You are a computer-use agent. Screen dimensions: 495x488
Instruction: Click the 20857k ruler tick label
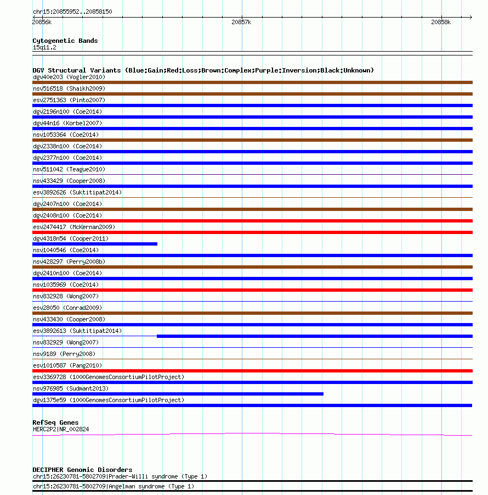241,23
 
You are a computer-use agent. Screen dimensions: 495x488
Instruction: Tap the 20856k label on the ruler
42,23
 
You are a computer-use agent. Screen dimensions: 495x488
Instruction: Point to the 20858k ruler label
440,23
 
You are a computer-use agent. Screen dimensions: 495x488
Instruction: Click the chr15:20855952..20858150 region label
72,12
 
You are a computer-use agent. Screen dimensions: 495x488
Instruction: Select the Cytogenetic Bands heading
65,41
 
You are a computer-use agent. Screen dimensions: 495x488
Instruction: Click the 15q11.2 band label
44,47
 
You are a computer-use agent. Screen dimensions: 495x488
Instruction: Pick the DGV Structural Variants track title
203,70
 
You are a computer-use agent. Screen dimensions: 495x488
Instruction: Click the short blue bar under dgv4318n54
95,244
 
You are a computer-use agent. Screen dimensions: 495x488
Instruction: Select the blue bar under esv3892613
314,336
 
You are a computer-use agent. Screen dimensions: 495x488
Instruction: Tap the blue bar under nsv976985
178,394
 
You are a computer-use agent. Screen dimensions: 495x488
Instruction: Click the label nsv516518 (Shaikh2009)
69,88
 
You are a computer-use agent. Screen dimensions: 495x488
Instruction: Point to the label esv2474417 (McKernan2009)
74,227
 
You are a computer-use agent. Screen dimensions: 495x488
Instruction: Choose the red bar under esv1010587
252,371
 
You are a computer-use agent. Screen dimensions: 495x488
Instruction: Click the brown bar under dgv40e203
252,82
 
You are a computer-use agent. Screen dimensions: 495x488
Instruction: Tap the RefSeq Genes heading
55,422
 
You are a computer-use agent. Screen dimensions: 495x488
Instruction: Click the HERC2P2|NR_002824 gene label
61,429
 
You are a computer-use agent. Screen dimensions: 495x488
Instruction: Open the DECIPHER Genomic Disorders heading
82,470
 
